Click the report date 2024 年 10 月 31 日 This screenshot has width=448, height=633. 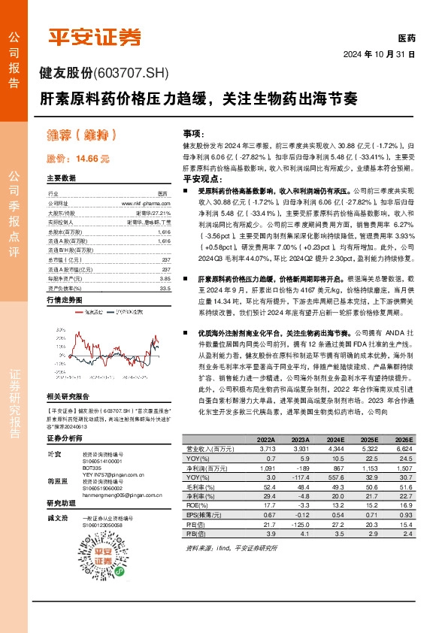(378, 55)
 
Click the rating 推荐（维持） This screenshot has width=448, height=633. (82, 135)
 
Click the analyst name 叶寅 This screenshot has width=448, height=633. (54, 454)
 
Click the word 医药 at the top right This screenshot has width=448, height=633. (406, 38)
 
